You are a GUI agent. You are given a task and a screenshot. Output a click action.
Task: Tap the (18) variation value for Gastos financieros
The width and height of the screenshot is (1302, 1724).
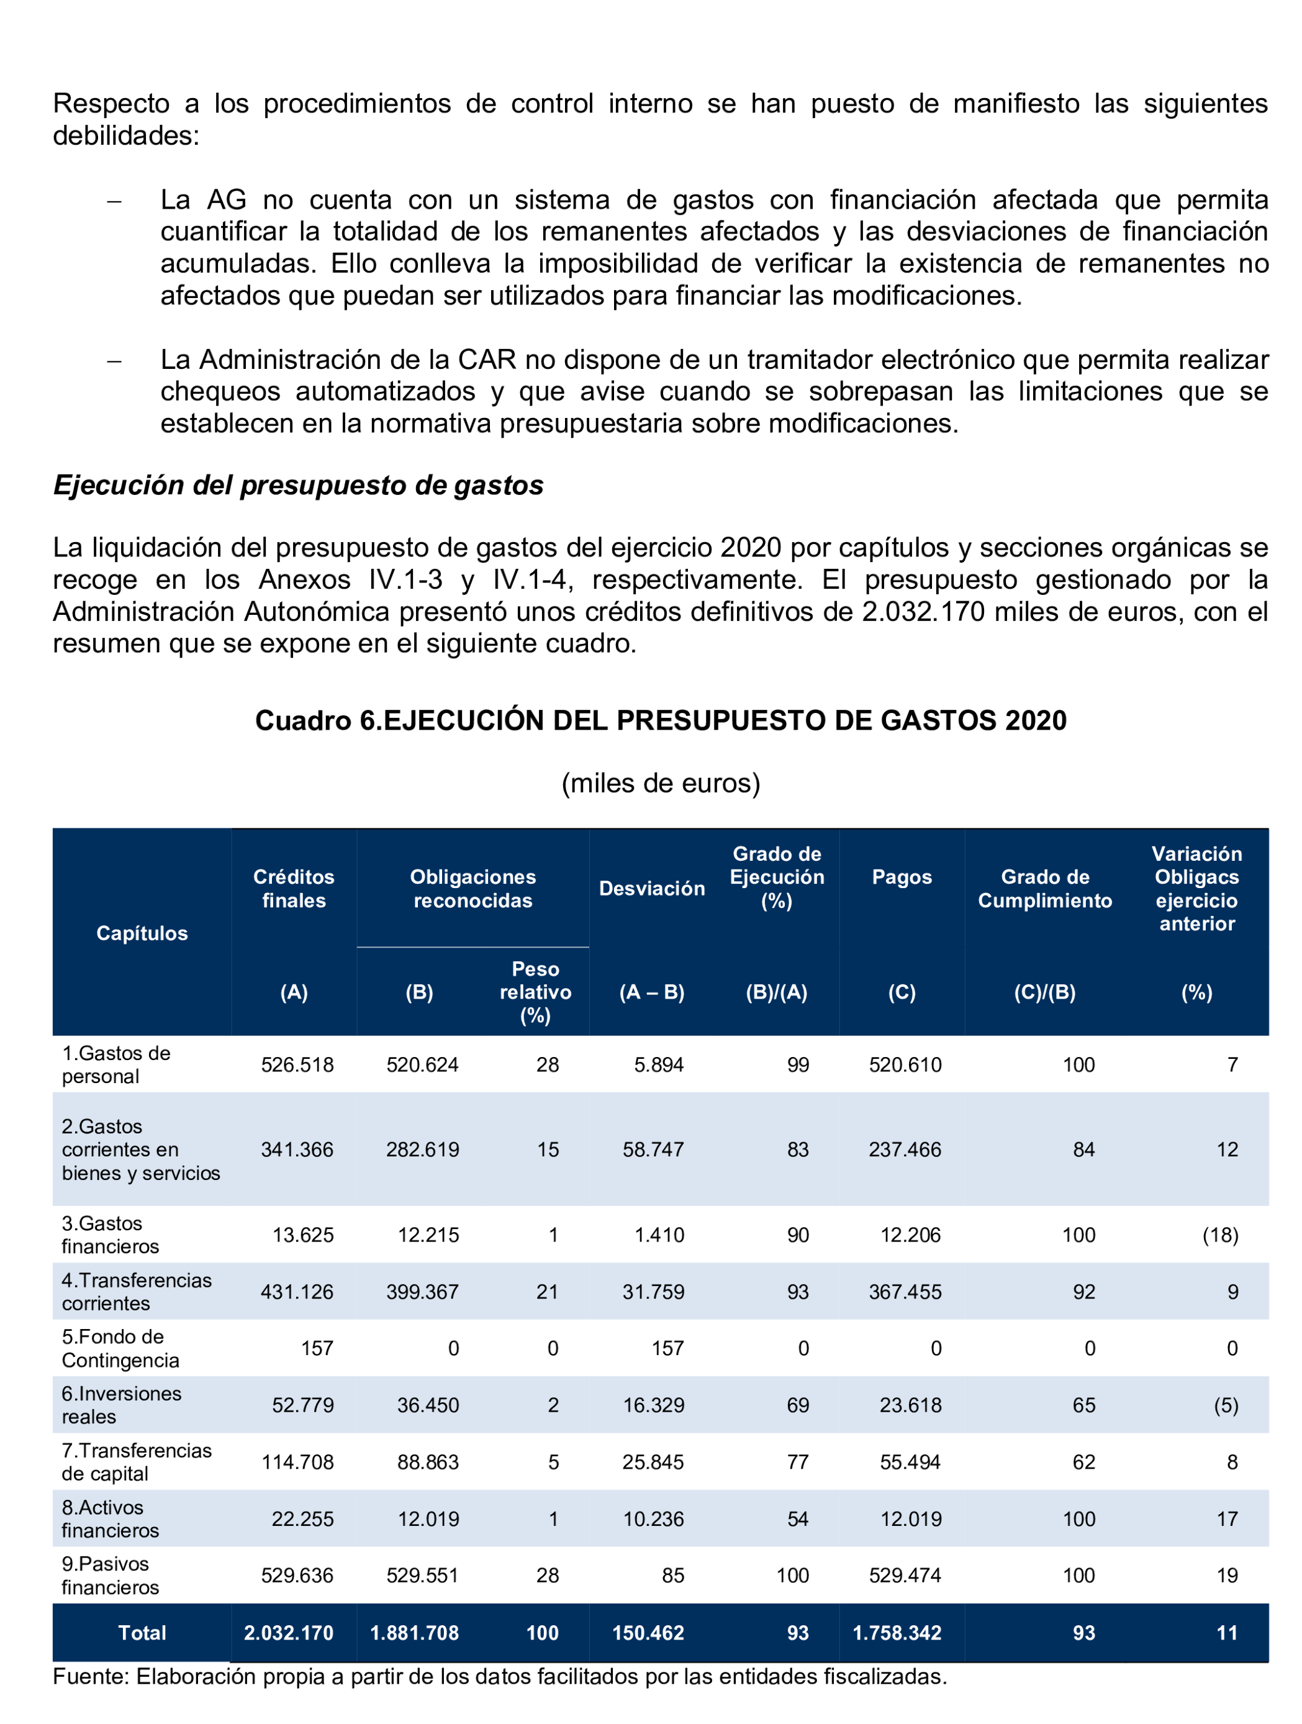(x=1219, y=1235)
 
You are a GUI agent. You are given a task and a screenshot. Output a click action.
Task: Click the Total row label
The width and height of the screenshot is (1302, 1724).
(x=142, y=1632)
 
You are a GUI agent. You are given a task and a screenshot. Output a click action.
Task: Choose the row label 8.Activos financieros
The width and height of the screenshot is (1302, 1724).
(x=110, y=1518)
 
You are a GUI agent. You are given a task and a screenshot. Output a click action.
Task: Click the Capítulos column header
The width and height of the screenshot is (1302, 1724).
(x=142, y=933)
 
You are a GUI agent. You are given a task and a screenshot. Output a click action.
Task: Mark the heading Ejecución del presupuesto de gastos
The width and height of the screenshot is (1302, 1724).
(x=297, y=485)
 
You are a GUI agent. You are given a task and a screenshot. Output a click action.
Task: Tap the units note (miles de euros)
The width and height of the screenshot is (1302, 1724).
(x=660, y=783)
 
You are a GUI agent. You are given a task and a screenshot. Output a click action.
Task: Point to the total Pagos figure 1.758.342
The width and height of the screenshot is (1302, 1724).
(x=897, y=1632)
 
